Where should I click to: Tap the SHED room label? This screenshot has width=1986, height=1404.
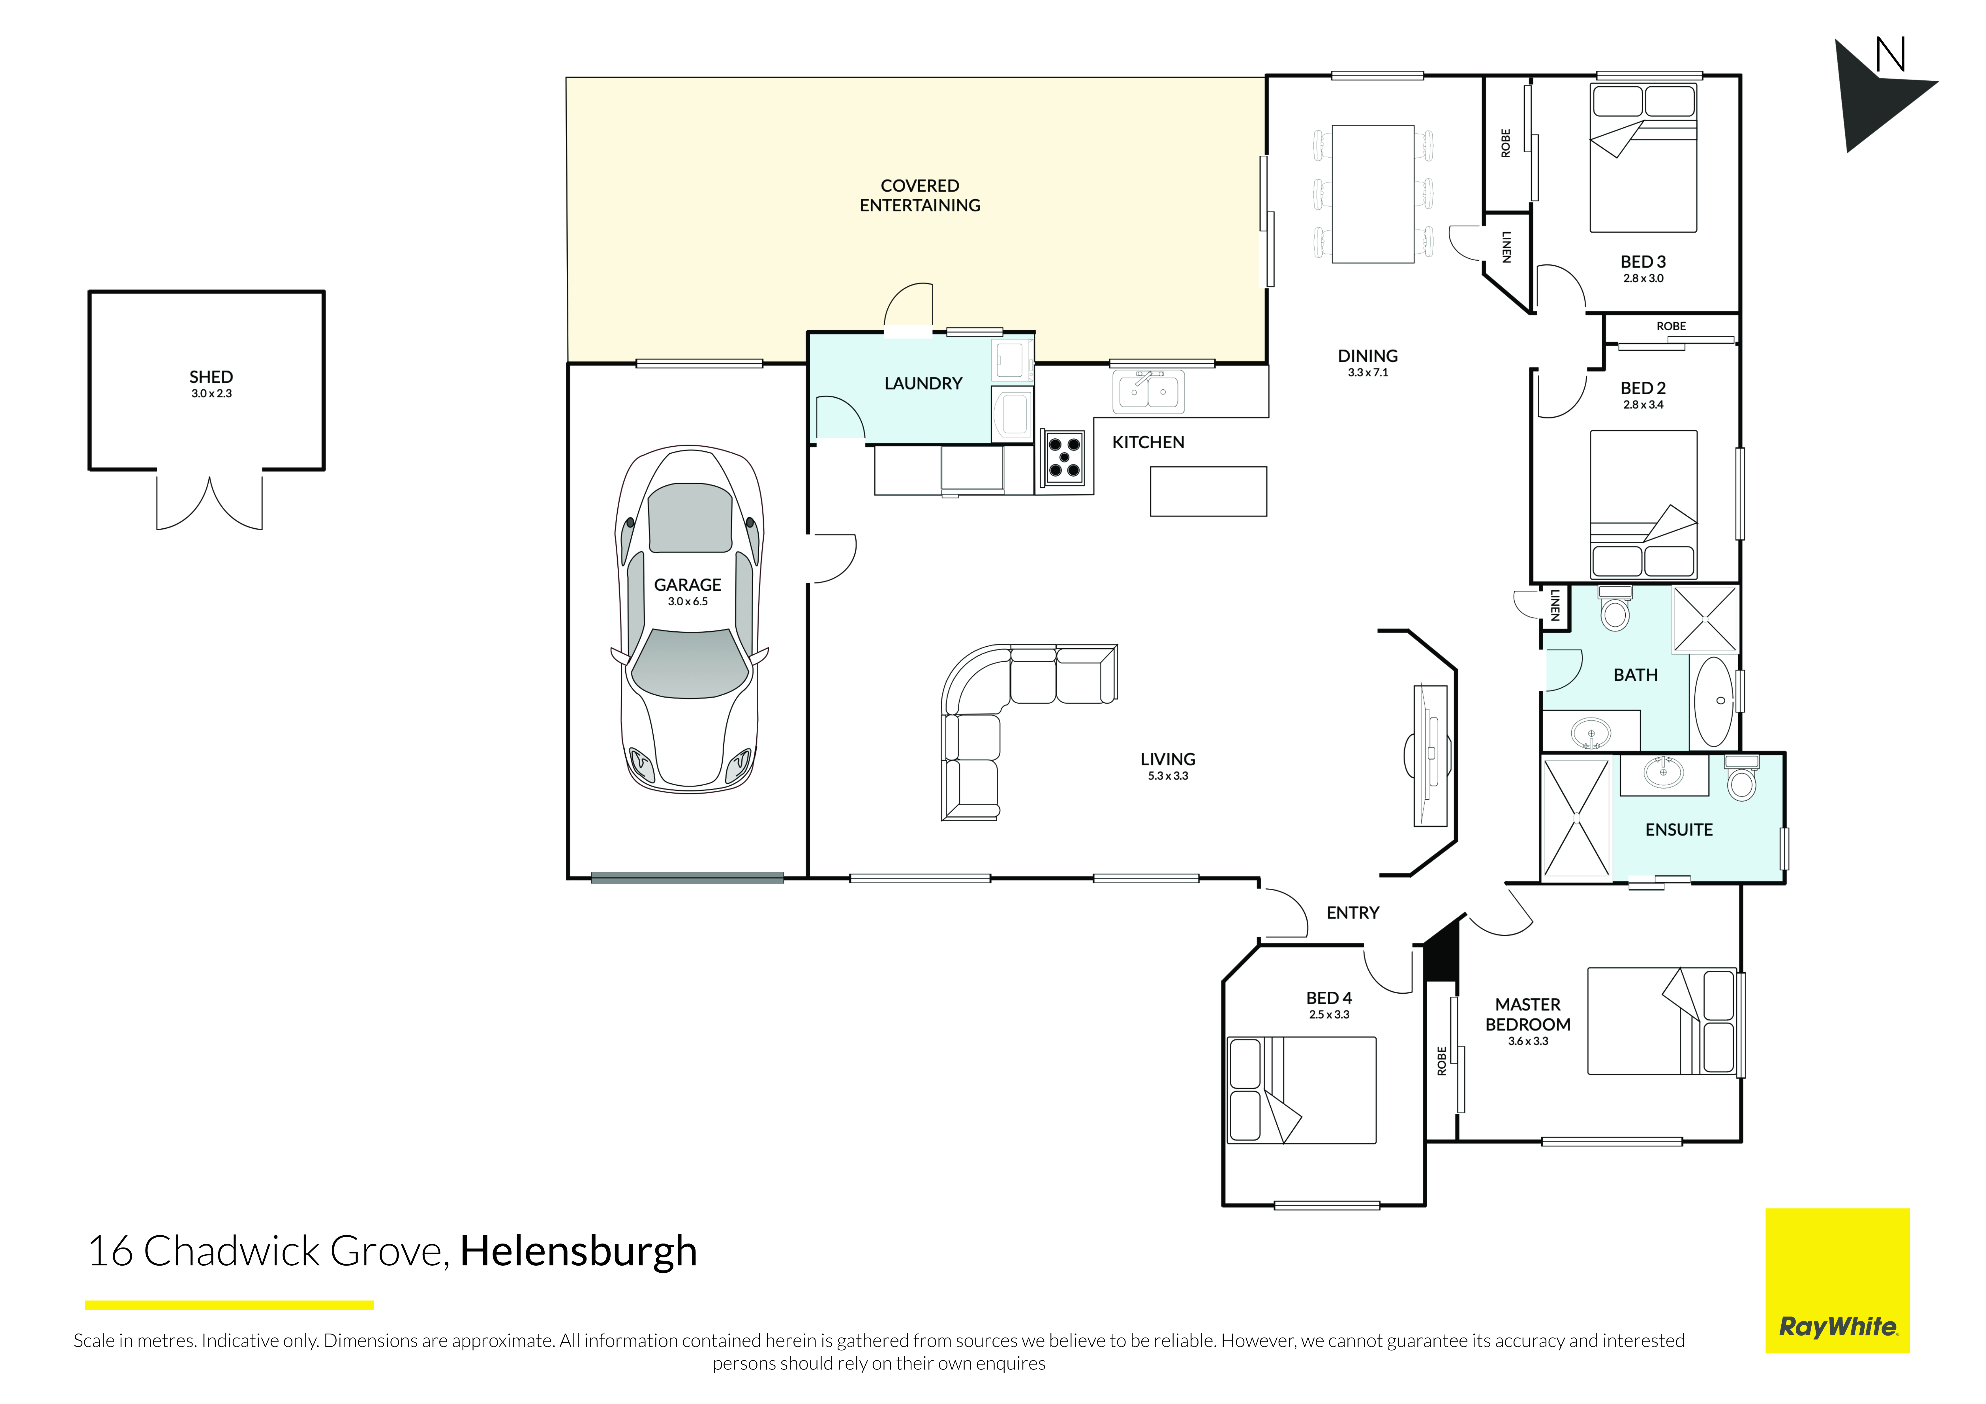[x=211, y=377]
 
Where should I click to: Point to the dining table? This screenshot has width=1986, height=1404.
[x=1373, y=194]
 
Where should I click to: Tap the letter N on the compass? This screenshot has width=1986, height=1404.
[x=1891, y=55]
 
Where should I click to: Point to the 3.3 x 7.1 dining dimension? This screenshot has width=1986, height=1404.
[x=1367, y=373]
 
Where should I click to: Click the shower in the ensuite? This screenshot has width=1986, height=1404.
[x=1576, y=818]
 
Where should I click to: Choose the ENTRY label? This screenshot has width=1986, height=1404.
[x=1353, y=913]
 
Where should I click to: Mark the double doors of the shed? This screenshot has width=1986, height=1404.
[x=209, y=502]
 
